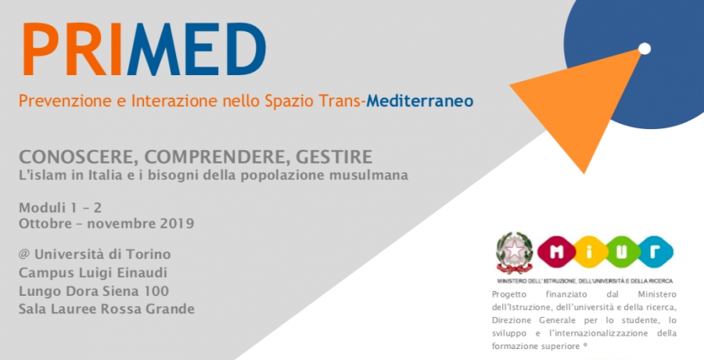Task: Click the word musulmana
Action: [x=372, y=175]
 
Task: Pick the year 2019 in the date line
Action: [x=174, y=224]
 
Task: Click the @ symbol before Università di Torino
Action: [x=25, y=254]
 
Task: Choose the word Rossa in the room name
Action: [x=126, y=309]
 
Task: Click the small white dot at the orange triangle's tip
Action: [x=645, y=49]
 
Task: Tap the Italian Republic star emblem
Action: [x=514, y=253]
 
